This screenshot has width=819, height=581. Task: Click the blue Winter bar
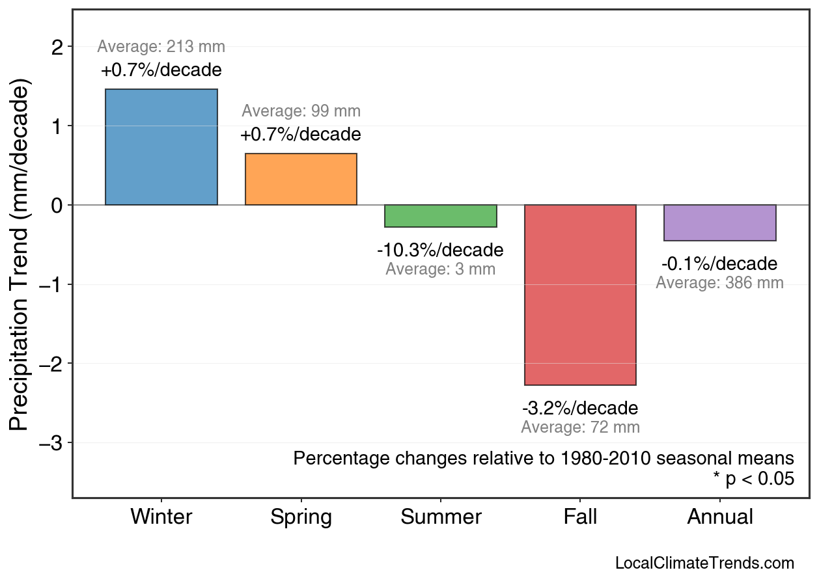[x=161, y=147]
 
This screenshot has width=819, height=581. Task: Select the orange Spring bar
[x=301, y=179]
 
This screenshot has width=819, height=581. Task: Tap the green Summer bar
[x=441, y=216]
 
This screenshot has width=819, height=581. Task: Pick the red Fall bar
[x=580, y=295]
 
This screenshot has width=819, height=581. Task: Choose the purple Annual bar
[x=720, y=223]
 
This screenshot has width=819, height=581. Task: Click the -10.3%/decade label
[x=440, y=250]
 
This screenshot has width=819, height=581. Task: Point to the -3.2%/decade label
[x=580, y=408]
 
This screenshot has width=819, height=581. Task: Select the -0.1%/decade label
[x=719, y=263]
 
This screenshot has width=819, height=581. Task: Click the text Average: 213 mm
[x=161, y=47]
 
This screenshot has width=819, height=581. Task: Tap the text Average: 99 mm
[x=301, y=111]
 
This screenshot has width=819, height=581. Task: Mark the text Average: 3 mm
[x=440, y=269]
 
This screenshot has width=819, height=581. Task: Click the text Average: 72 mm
[x=580, y=427]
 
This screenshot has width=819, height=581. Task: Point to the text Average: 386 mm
[x=719, y=283]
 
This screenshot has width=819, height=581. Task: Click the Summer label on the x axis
[x=441, y=517]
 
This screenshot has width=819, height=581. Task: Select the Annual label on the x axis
[x=720, y=517]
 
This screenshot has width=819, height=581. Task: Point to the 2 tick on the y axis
[x=58, y=47]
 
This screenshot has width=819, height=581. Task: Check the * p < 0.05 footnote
[x=753, y=479]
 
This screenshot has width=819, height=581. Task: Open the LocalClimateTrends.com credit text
[x=704, y=563]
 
